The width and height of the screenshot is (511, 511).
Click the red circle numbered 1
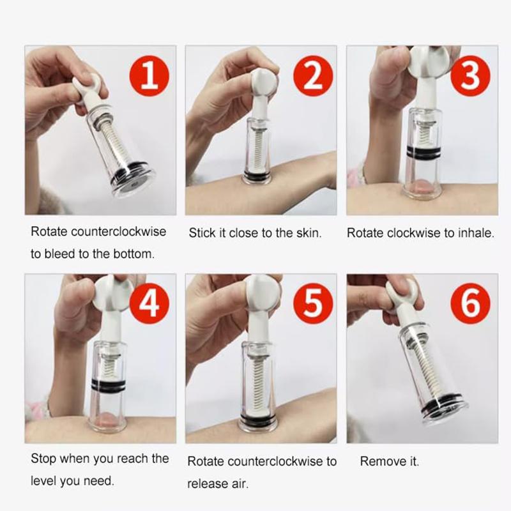click(x=149, y=76)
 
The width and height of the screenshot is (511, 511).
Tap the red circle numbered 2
click(x=313, y=76)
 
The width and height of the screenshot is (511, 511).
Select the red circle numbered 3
click(x=470, y=76)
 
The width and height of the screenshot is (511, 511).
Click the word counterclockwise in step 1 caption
click(x=119, y=232)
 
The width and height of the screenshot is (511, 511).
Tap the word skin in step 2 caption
click(x=309, y=233)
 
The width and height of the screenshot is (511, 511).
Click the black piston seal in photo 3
click(x=424, y=151)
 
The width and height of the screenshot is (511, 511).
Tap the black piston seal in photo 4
click(x=108, y=384)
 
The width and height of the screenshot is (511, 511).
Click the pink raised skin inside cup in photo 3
click(x=423, y=187)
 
